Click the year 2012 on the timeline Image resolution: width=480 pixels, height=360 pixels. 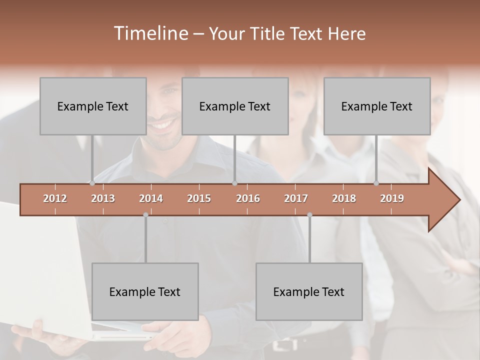55,198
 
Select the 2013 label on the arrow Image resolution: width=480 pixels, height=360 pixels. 103,198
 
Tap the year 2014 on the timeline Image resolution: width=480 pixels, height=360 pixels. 151,198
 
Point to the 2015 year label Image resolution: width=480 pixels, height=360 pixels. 199,198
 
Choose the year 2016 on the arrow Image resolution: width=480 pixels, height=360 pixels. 248,198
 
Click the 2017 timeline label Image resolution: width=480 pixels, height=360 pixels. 296,198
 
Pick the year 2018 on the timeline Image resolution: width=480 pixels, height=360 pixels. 344,198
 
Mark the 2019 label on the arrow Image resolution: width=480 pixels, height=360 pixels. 392,198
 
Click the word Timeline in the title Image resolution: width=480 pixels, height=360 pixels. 150,33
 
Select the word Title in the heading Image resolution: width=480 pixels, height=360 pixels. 268,34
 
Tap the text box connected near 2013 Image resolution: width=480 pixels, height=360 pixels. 93,106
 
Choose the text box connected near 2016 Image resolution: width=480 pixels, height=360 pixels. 235,106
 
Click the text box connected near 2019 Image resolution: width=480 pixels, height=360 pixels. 377,106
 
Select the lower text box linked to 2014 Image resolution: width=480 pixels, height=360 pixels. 145,291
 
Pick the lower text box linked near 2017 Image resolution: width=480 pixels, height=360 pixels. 309,291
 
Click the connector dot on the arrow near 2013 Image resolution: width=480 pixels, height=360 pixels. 92,183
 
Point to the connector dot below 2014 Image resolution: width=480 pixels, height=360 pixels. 145,215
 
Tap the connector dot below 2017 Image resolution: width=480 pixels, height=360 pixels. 309,215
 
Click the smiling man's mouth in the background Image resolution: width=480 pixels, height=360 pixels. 164,122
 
